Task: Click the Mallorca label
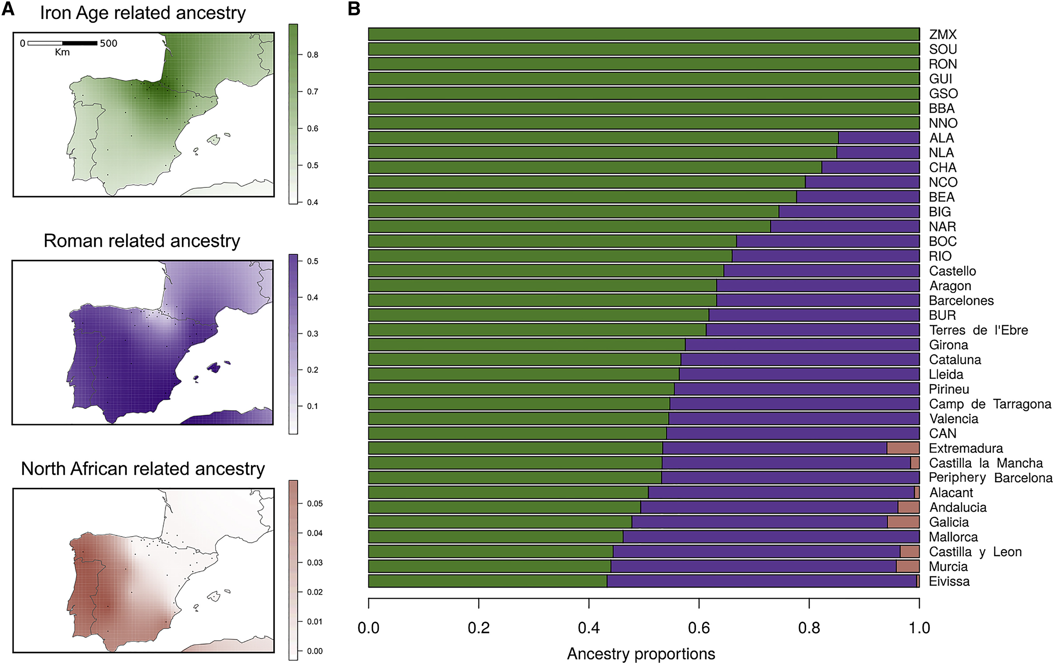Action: pos(953,537)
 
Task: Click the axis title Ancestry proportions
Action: pos(641,653)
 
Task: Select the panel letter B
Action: pos(354,9)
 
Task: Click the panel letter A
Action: pos(8,9)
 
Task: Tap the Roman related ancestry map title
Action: pos(142,241)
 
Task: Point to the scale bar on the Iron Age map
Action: pos(62,43)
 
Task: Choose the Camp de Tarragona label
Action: pos(990,404)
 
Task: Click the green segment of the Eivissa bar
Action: pos(487,581)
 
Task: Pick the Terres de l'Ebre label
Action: pos(978,330)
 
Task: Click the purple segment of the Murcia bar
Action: pos(753,566)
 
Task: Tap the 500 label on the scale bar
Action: pos(108,43)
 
